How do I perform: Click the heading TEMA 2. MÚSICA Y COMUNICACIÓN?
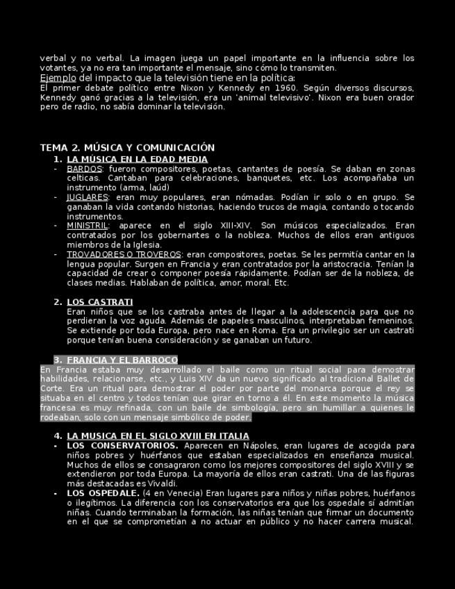pos(127,148)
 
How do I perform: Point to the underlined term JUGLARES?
pos(87,197)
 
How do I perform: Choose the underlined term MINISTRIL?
pos(88,226)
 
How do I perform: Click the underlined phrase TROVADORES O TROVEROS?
pos(124,254)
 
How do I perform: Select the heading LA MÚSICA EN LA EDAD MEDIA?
pos(137,159)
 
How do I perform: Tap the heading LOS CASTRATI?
pos(99,302)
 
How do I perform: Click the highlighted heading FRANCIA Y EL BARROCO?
pos(122,360)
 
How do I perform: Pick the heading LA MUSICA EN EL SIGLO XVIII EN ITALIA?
pos(158,436)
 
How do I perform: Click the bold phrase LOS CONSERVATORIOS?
pos(122,445)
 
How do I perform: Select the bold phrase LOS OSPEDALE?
pos(103,493)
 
